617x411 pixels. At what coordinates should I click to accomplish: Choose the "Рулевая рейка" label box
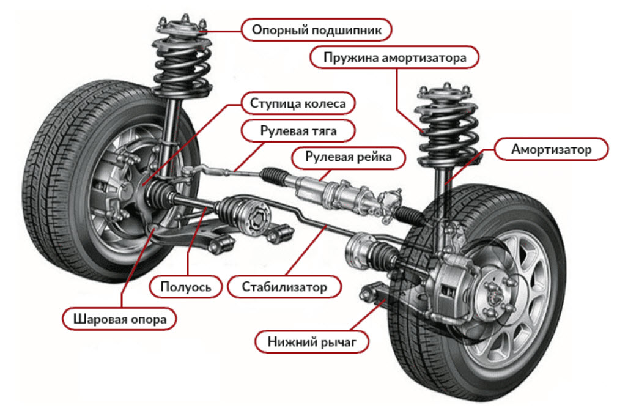348,158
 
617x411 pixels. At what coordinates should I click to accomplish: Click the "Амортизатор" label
552,149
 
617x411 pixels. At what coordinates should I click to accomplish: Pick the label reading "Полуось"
185,286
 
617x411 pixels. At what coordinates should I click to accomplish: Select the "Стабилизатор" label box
284,286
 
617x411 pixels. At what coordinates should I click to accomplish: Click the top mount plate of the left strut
181,28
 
